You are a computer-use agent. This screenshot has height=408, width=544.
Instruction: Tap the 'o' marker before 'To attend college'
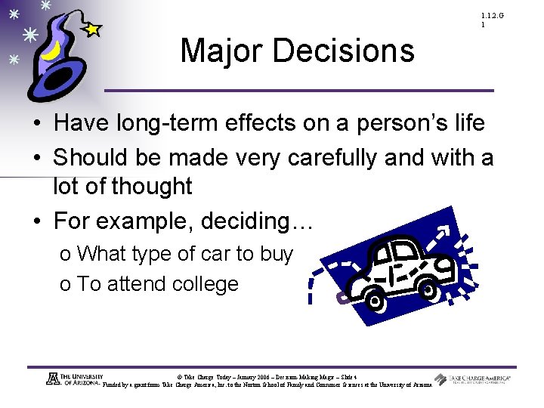click(x=65, y=285)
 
